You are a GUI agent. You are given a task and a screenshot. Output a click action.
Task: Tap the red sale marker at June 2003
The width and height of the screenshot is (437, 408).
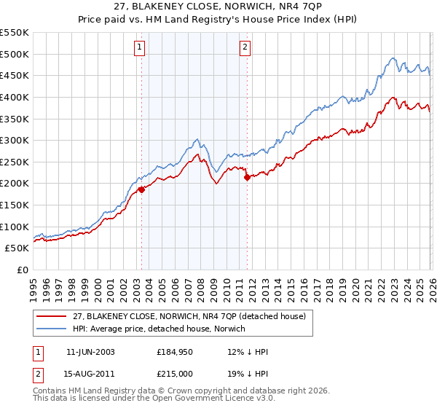[141, 189]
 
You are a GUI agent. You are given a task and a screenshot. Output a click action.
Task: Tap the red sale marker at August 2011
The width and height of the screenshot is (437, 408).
[247, 177]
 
